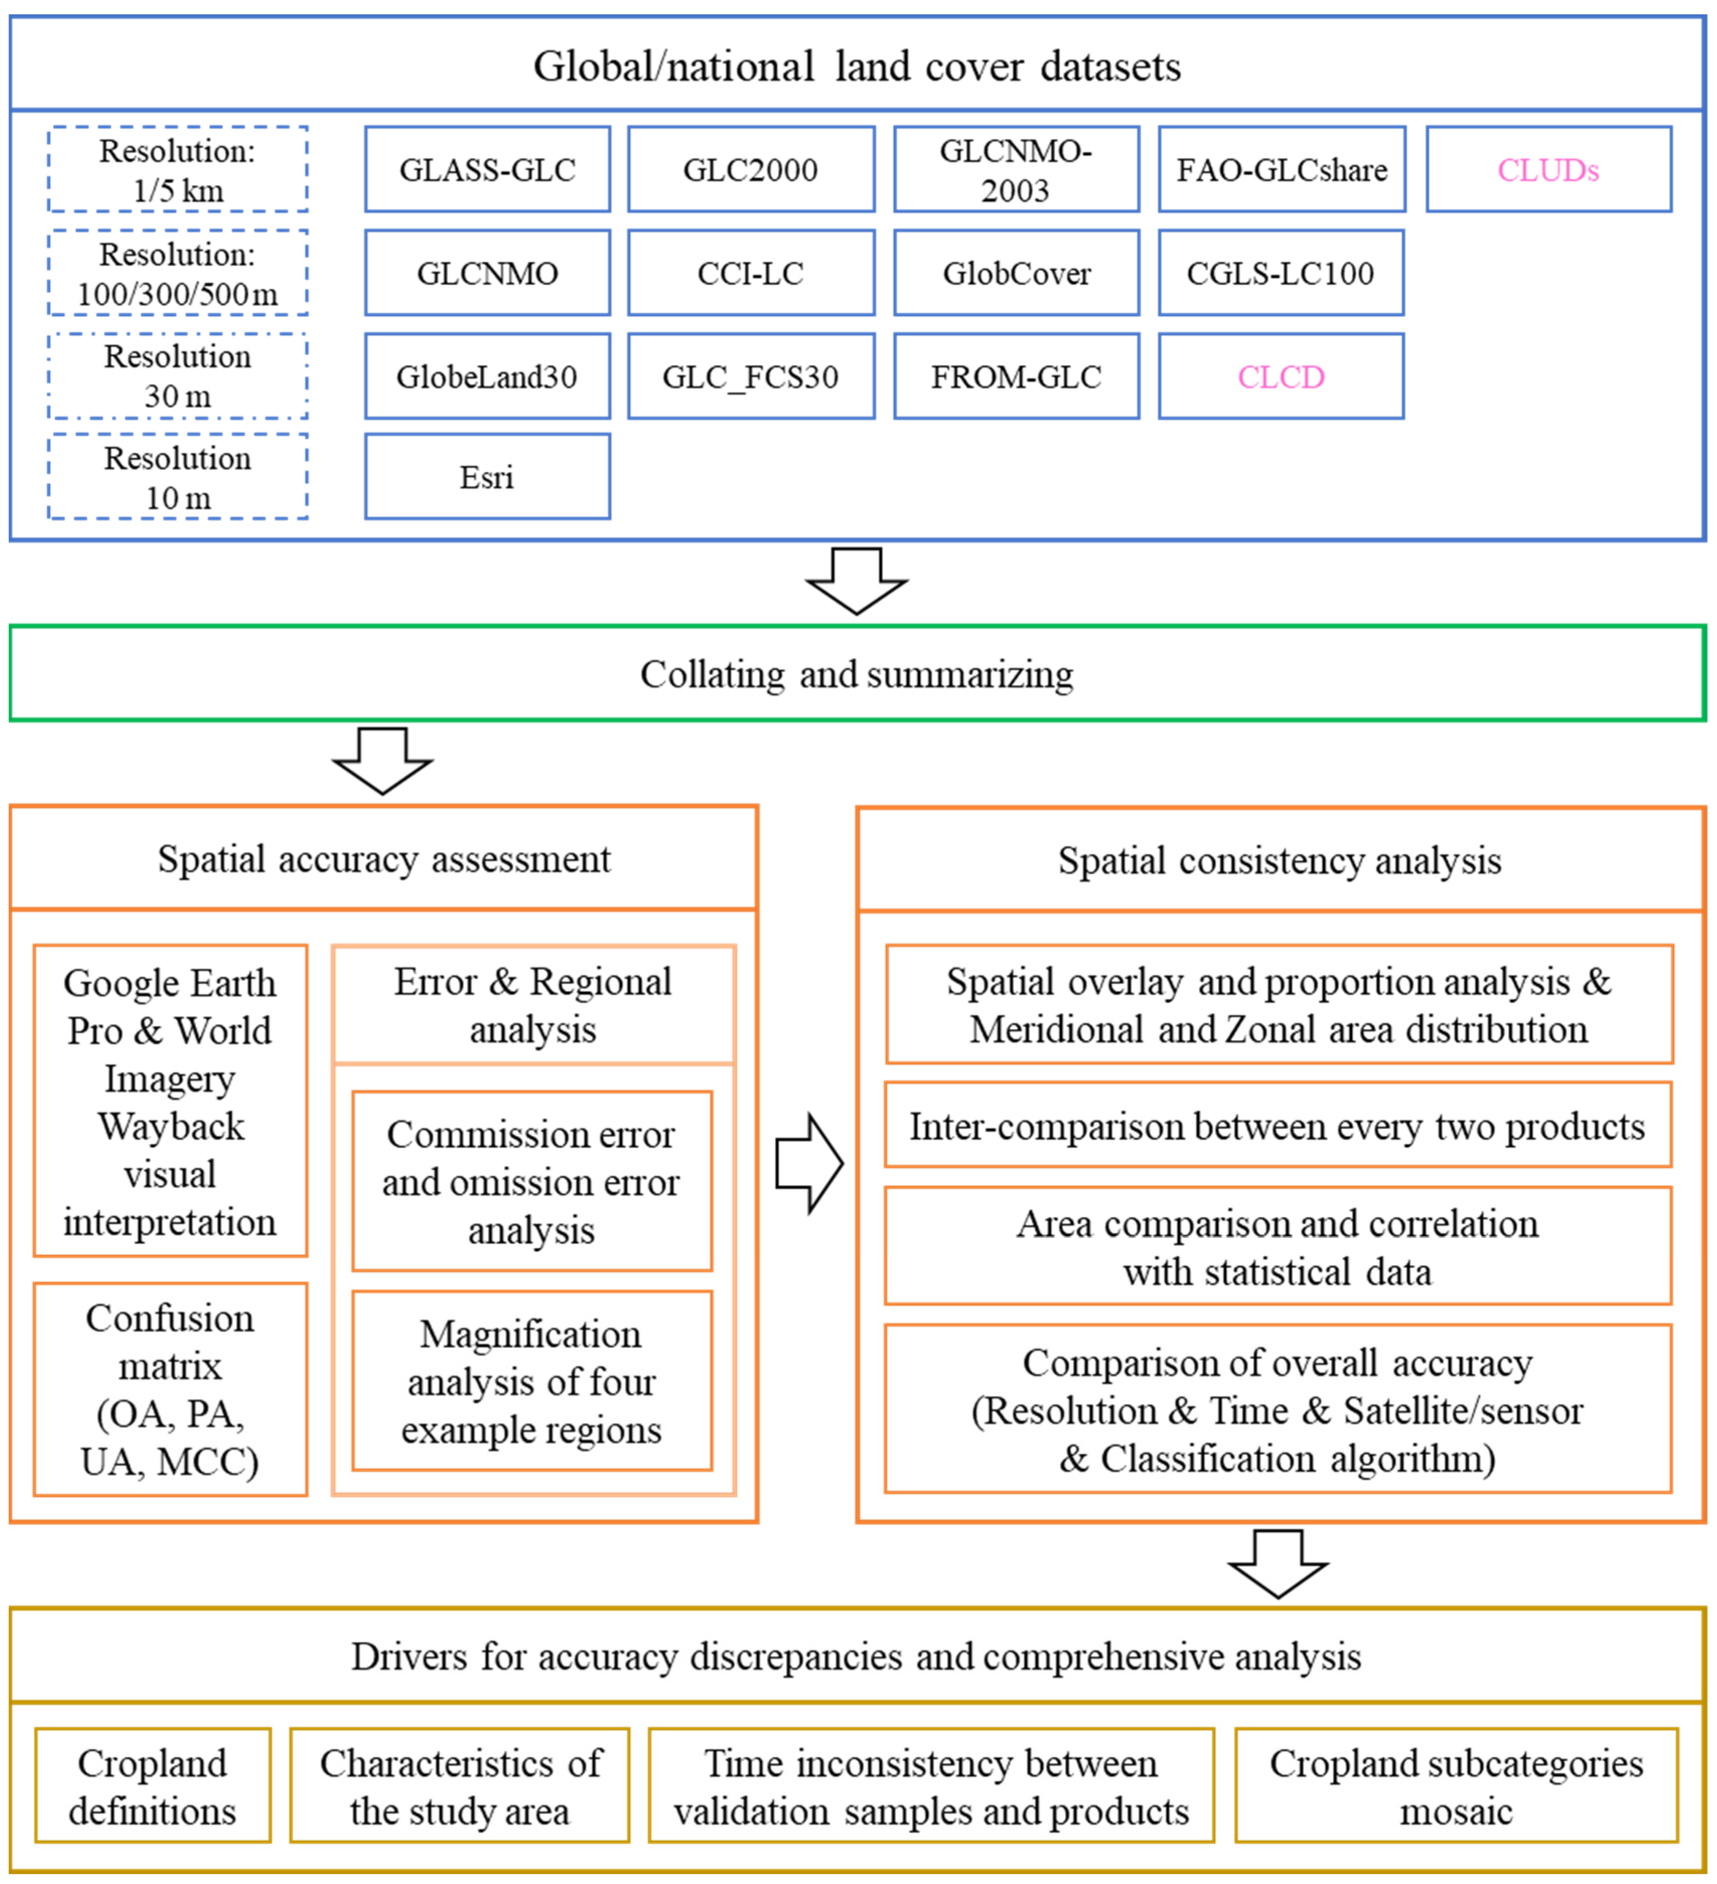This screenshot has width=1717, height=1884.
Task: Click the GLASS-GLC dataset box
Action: tap(487, 169)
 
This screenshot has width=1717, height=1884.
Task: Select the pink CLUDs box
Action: tap(1548, 169)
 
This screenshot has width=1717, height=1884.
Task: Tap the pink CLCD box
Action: tap(1281, 376)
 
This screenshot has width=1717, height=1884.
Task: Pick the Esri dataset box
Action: tap(487, 477)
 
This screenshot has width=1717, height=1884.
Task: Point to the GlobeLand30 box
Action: tap(487, 376)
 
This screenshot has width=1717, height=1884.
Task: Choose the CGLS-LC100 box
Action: tap(1281, 273)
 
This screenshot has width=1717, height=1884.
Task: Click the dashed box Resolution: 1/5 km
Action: tap(178, 169)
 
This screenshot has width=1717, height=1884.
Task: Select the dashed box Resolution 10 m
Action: tap(178, 477)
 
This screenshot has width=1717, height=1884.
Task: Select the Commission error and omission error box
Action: tap(532, 1181)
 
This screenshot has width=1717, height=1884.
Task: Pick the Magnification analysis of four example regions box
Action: tap(532, 1381)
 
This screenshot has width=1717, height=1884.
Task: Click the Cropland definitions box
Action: tap(153, 1786)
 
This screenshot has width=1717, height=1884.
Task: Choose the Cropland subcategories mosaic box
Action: tap(1455, 1786)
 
